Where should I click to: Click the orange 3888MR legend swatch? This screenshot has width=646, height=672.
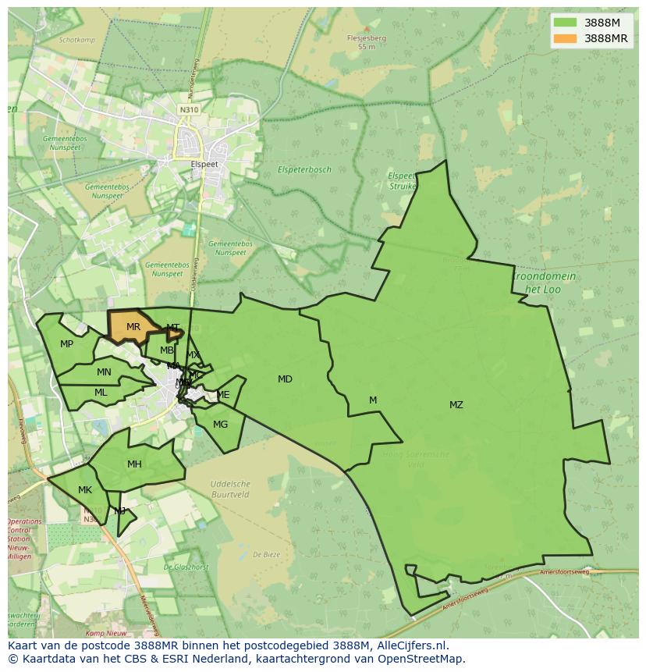point(564,38)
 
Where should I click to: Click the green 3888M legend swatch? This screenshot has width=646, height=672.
point(564,23)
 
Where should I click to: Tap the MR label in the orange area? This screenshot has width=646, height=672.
point(133,327)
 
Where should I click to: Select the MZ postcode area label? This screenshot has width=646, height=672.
point(456,404)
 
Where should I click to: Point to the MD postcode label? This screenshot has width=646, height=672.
point(285,379)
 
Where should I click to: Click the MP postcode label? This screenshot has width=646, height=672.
point(67,344)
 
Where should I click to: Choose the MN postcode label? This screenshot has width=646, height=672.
point(104,372)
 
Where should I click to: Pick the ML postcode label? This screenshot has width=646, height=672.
point(101,393)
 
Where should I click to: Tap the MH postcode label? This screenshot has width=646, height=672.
point(134,464)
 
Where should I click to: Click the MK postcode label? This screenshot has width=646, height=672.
point(85,490)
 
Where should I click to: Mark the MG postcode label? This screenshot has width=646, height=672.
point(220,425)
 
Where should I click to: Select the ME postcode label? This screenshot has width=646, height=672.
point(223,395)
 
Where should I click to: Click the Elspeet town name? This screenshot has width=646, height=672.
point(205,165)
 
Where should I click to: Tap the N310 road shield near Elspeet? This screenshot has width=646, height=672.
point(188,110)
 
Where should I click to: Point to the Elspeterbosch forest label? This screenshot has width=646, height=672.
point(304,169)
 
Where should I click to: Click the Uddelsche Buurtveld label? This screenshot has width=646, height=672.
point(230,489)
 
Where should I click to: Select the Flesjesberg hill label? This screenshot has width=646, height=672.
point(367,37)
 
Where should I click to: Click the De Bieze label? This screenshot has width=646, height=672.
point(266,555)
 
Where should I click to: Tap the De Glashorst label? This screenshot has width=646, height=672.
point(186,567)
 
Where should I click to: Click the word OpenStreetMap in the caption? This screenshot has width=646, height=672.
point(424,659)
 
